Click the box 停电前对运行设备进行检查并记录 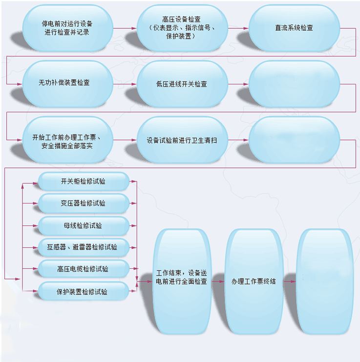pyautogui.click(x=67, y=28)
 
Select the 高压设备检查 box pyautogui.click(x=182, y=28)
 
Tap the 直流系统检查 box pyautogui.click(x=294, y=28)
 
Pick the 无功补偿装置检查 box pyautogui.click(x=67, y=84)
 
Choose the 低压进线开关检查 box pyautogui.click(x=182, y=84)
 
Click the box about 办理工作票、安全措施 pyautogui.click(x=67, y=140)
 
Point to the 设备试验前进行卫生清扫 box pyautogui.click(x=182, y=140)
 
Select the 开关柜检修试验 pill pyautogui.click(x=84, y=181)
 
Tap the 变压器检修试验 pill pyautogui.click(x=84, y=203)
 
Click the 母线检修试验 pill pyautogui.click(x=84, y=225)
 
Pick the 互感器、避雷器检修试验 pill pyautogui.click(x=84, y=247)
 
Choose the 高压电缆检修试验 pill pyautogui.click(x=84, y=268)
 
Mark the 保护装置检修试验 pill pyautogui.click(x=84, y=291)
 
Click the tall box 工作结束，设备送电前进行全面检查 pyautogui.click(x=182, y=281)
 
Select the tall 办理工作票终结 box pyautogui.click(x=254, y=281)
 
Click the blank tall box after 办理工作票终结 pyautogui.click(x=325, y=281)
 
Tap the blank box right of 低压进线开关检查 pyautogui.click(x=294, y=84)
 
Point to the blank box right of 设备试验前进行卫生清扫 pyautogui.click(x=294, y=140)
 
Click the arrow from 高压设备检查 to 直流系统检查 pyautogui.click(x=238, y=28)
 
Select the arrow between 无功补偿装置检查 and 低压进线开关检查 pyautogui.click(x=125, y=84)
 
